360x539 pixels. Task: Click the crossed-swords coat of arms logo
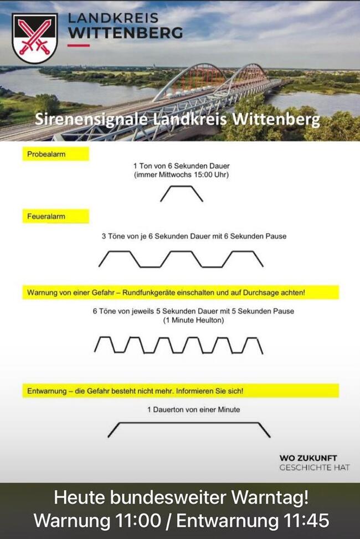[34, 38]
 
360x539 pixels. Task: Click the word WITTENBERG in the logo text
[126, 33]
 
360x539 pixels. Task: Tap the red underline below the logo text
[79, 45]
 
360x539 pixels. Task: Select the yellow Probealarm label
[56, 154]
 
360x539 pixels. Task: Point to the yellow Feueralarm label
[56, 217]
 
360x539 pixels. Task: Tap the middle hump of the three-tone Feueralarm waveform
[181, 251]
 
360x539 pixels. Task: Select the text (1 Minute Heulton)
[194, 320]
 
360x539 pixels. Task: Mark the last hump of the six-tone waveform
[253, 338]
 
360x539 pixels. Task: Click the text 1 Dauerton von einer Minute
[194, 409]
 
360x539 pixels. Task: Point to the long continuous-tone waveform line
[189, 423]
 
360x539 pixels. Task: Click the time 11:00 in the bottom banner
[138, 520]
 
